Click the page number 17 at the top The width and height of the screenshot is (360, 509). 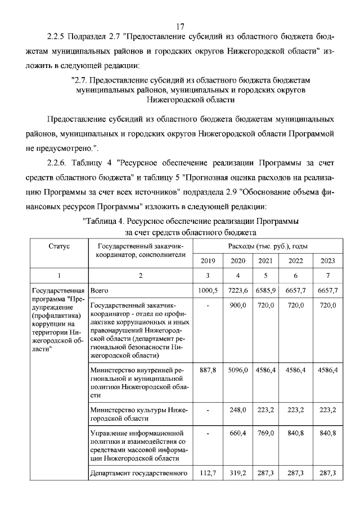click(x=180, y=26)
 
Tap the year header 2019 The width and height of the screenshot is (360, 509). click(x=208, y=260)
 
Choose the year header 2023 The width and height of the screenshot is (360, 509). click(x=327, y=260)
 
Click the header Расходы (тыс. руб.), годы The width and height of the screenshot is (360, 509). click(x=268, y=246)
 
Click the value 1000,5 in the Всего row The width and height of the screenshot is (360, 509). click(x=208, y=290)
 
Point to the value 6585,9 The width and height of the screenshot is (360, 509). click(x=265, y=290)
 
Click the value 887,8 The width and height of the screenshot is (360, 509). click(x=208, y=371)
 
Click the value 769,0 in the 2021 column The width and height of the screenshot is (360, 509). click(x=265, y=434)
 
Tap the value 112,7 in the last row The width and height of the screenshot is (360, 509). click(x=208, y=474)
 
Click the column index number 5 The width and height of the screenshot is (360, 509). click(x=265, y=276)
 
